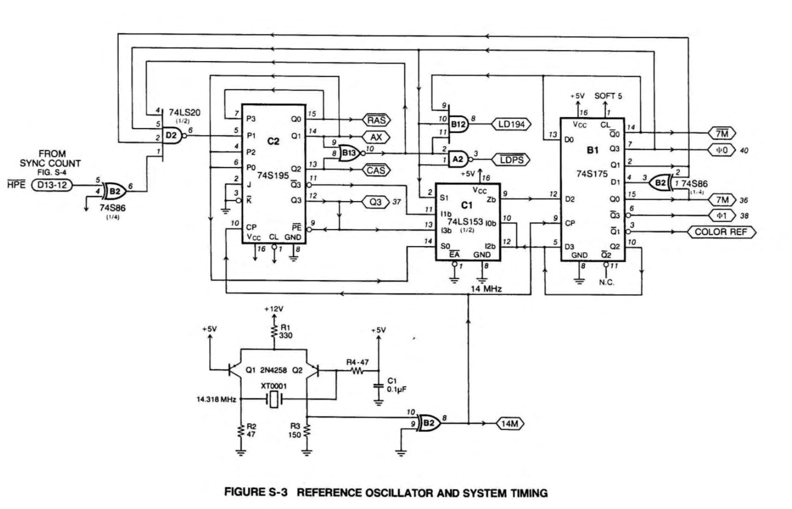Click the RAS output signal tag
376,120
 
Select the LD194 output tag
511,124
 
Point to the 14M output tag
509,424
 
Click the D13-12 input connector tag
51,185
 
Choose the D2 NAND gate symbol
172,134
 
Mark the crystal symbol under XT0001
273,399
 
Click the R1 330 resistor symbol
274,331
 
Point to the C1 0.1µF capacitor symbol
378,386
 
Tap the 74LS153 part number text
465,221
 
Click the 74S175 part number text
592,174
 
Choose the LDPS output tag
511,160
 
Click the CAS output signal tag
376,170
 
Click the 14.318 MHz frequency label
216,399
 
